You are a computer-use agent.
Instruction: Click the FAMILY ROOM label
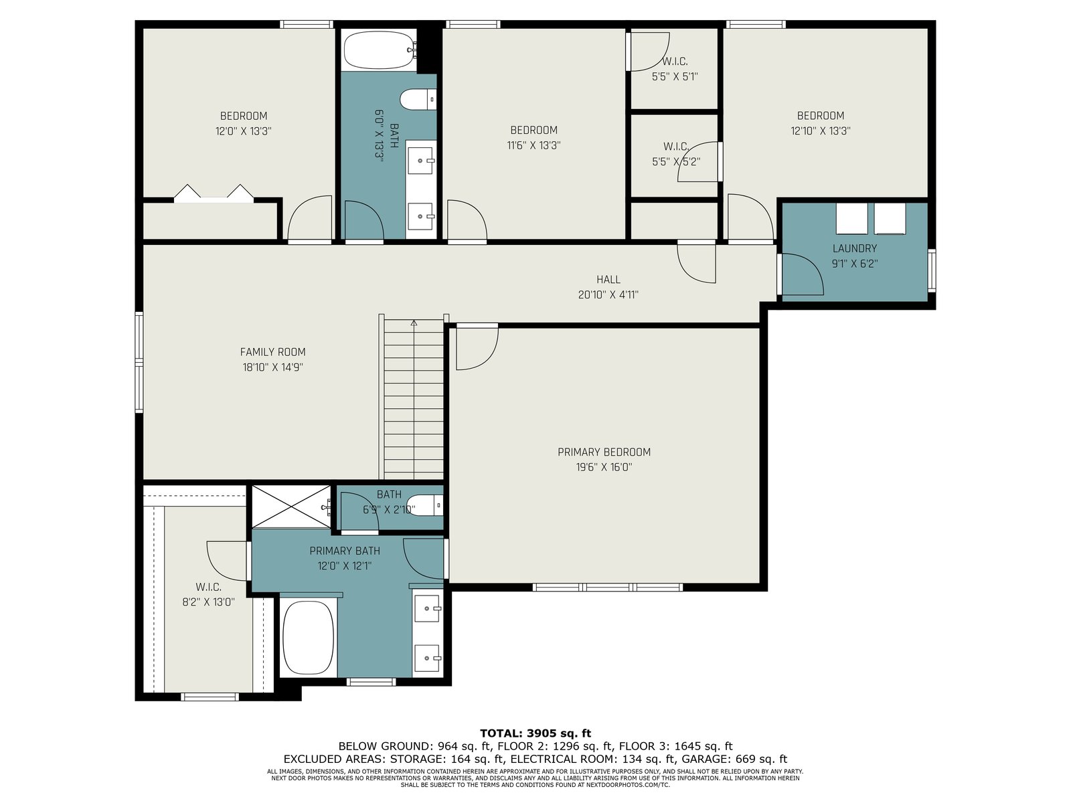(x=272, y=351)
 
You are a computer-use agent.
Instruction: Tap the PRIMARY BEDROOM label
(x=604, y=452)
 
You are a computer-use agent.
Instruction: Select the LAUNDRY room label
(x=854, y=248)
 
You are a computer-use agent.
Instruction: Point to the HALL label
(x=608, y=279)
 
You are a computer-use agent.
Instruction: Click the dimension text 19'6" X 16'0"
(x=604, y=467)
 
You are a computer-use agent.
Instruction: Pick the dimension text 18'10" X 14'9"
(x=272, y=367)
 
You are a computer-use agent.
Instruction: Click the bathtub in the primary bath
(x=309, y=638)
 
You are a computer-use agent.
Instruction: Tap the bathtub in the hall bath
(x=380, y=50)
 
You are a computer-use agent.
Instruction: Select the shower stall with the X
(x=291, y=506)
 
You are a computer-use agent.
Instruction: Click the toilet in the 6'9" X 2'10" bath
(x=424, y=506)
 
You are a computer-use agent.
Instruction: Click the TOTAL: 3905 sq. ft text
(x=535, y=733)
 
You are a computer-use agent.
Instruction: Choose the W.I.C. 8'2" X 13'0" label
(x=208, y=594)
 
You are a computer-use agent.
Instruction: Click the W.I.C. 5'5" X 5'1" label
(x=675, y=69)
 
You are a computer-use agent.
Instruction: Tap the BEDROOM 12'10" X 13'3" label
(x=820, y=123)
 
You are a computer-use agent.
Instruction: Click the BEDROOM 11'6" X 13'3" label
(x=533, y=137)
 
